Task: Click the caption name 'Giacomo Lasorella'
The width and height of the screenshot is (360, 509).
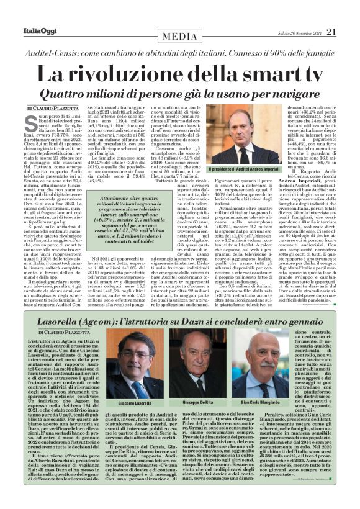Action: click(135, 402)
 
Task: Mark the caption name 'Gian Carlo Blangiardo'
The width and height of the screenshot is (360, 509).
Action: click(258, 402)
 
